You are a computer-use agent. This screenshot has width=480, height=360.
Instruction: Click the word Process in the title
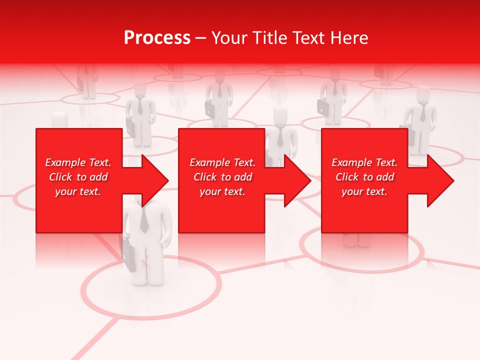pos(157,38)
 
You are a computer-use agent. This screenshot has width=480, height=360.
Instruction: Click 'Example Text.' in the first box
pos(78,162)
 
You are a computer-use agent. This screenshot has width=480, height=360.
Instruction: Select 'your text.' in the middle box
pos(222,191)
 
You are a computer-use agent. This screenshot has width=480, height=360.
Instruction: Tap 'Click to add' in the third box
pos(364,177)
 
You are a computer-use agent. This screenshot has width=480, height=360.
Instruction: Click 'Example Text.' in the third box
pos(364,162)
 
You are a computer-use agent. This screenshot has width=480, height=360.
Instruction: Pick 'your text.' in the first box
pos(78,191)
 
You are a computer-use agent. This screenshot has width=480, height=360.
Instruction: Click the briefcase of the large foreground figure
pos(129,255)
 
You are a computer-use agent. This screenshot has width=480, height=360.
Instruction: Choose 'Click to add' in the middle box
pos(222,177)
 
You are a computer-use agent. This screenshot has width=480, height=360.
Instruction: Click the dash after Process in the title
pos(200,38)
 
